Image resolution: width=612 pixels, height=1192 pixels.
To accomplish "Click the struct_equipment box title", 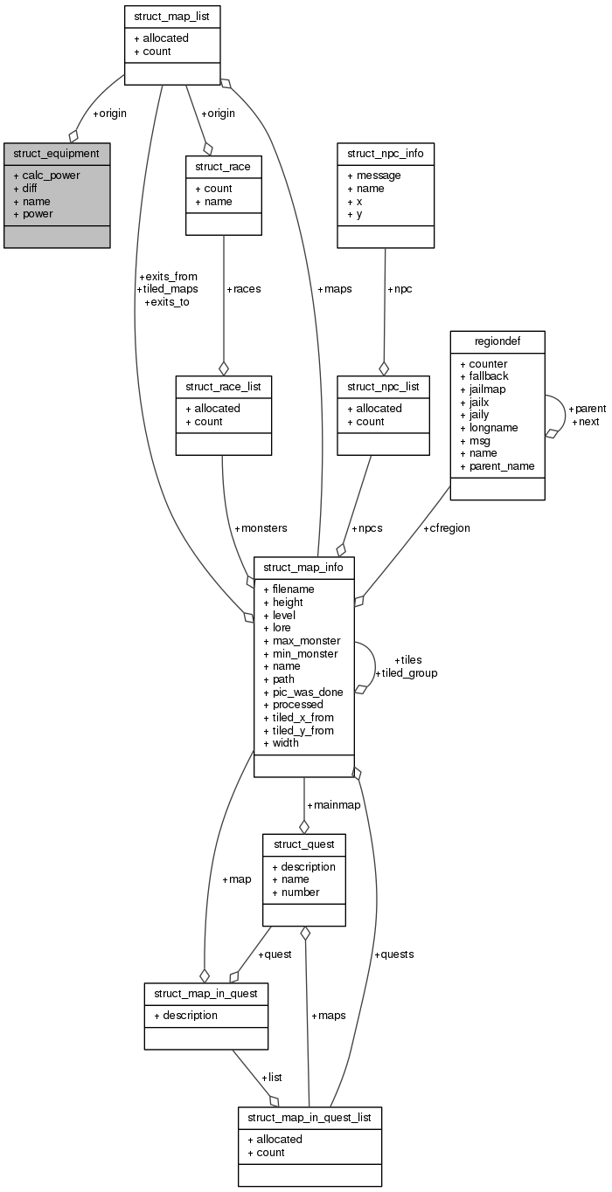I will pos(57,153).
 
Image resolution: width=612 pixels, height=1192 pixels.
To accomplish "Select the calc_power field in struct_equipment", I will pos(51,176).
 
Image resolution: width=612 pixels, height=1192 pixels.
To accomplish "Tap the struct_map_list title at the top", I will pos(171,16).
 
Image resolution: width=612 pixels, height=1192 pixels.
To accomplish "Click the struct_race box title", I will pos(223,166).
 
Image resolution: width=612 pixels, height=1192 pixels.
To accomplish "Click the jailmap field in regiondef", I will pos(487,389).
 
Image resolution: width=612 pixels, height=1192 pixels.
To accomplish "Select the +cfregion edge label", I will pos(451,528).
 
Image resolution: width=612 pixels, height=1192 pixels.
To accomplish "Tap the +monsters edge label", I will pos(261,528).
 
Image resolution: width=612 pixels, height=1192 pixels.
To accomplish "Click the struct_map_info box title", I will pos(304,567).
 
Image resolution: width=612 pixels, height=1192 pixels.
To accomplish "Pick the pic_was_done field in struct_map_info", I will pos(307,692).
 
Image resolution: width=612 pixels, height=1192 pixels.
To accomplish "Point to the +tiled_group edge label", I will pos(406,673).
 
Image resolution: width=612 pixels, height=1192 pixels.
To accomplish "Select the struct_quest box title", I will pos(304,844).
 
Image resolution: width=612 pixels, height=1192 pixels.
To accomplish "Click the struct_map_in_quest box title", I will pos(205,994).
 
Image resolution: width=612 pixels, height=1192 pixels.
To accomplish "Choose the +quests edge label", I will pos(393,954).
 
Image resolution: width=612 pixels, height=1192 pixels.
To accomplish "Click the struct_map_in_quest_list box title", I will pos(309,1118).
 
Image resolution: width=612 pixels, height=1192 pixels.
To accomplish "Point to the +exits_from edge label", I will pos(168,277).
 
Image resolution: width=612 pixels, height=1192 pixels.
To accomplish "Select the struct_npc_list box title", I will pos(383,386).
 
